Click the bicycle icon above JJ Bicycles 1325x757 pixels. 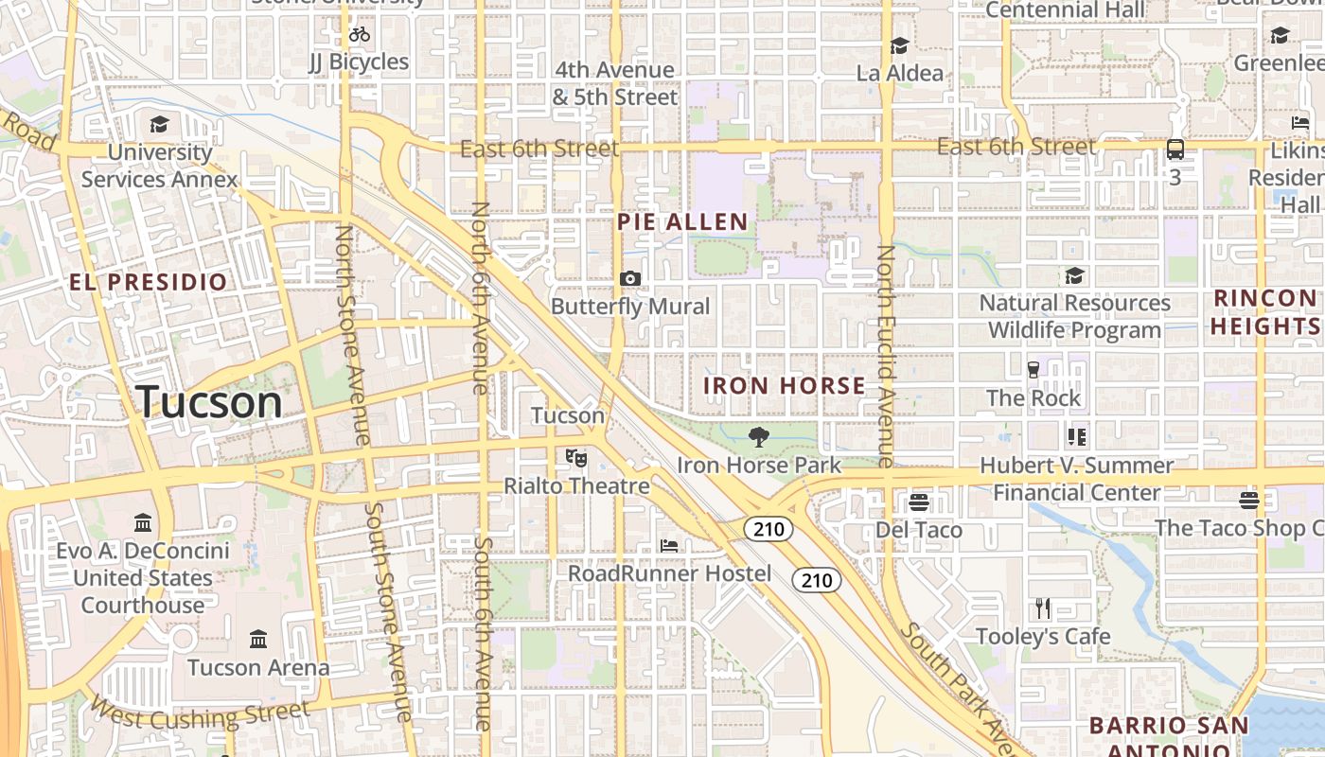(x=360, y=35)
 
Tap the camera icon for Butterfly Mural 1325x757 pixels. (x=630, y=278)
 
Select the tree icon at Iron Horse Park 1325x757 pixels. (x=758, y=436)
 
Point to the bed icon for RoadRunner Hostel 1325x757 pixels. (x=669, y=546)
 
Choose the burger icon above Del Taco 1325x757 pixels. (x=918, y=502)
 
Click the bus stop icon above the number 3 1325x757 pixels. (x=1175, y=149)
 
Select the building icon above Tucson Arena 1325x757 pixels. (x=258, y=639)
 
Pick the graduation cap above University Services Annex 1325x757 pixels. (x=159, y=124)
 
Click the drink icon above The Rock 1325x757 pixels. (x=1033, y=369)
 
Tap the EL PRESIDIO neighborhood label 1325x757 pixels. (x=149, y=282)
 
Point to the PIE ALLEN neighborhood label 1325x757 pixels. (x=682, y=222)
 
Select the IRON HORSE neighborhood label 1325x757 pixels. (x=784, y=386)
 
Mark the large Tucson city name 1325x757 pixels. (x=209, y=402)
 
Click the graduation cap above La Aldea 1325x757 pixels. (x=899, y=45)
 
